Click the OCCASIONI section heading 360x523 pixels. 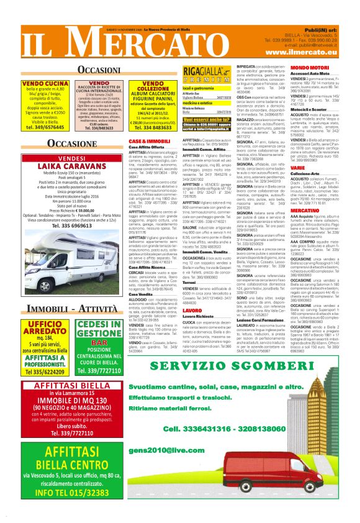94,68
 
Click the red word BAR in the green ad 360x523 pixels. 99,342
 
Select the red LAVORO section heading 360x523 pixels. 192,310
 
